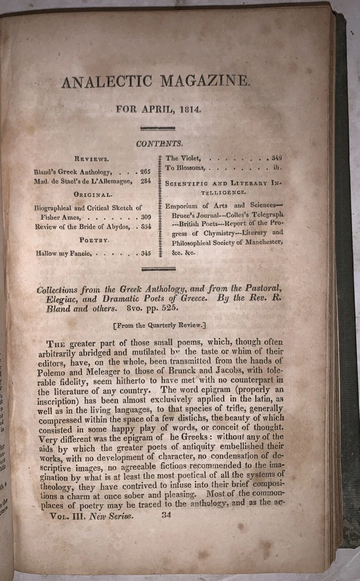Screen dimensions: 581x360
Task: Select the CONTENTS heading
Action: click(160, 143)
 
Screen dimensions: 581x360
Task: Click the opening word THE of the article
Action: click(59, 343)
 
